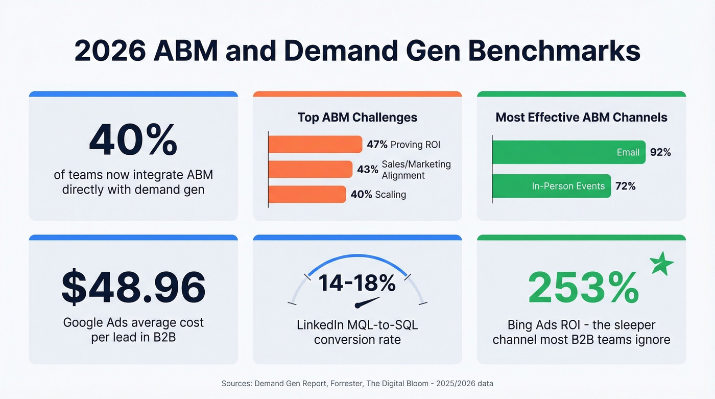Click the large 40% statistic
pyautogui.click(x=133, y=140)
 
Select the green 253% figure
pyautogui.click(x=583, y=288)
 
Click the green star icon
pyautogui.click(x=661, y=264)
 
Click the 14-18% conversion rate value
pyautogui.click(x=357, y=283)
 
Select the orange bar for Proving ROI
pyautogui.click(x=315, y=145)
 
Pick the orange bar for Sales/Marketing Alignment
pyautogui.click(x=310, y=169)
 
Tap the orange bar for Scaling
pyautogui.click(x=307, y=194)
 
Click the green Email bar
pyautogui.click(x=568, y=152)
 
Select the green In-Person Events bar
pyautogui.click(x=551, y=186)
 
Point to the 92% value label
pyautogui.click(x=660, y=152)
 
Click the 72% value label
pyautogui.click(x=626, y=186)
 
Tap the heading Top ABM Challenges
pyautogui.click(x=357, y=118)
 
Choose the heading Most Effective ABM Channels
pyautogui.click(x=581, y=118)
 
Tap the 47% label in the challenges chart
pyautogui.click(x=377, y=145)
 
